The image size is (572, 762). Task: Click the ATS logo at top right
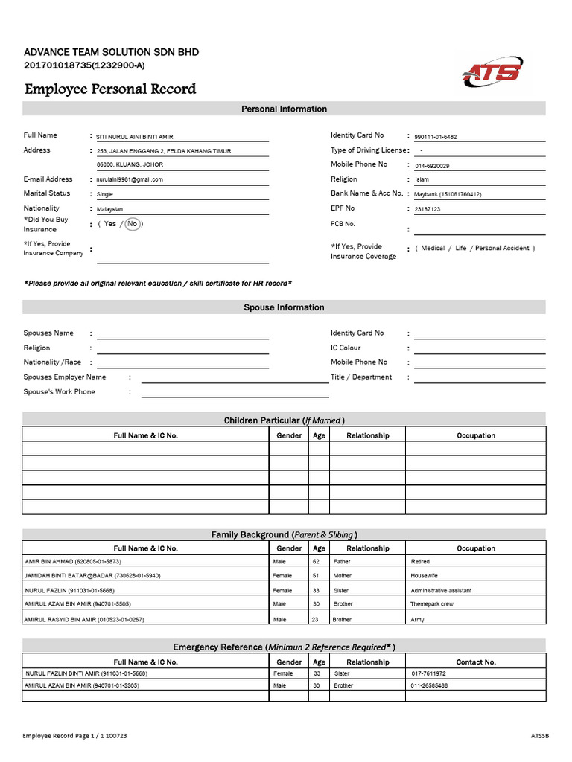point(492,72)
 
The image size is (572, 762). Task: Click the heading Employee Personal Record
point(110,89)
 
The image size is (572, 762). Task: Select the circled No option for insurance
point(133,224)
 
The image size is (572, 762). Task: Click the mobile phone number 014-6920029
point(432,166)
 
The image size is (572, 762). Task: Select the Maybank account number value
point(448,194)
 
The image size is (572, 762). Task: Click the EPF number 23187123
point(428,209)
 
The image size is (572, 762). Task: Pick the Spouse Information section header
point(284,307)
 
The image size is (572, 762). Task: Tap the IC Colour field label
point(346,348)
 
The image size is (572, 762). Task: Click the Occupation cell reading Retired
point(420,562)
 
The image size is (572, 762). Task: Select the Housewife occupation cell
point(424,576)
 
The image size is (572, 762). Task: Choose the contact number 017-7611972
point(429,673)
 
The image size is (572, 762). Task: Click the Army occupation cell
point(417,619)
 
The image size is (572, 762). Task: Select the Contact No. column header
point(475,662)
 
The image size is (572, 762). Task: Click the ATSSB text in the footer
point(539,736)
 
